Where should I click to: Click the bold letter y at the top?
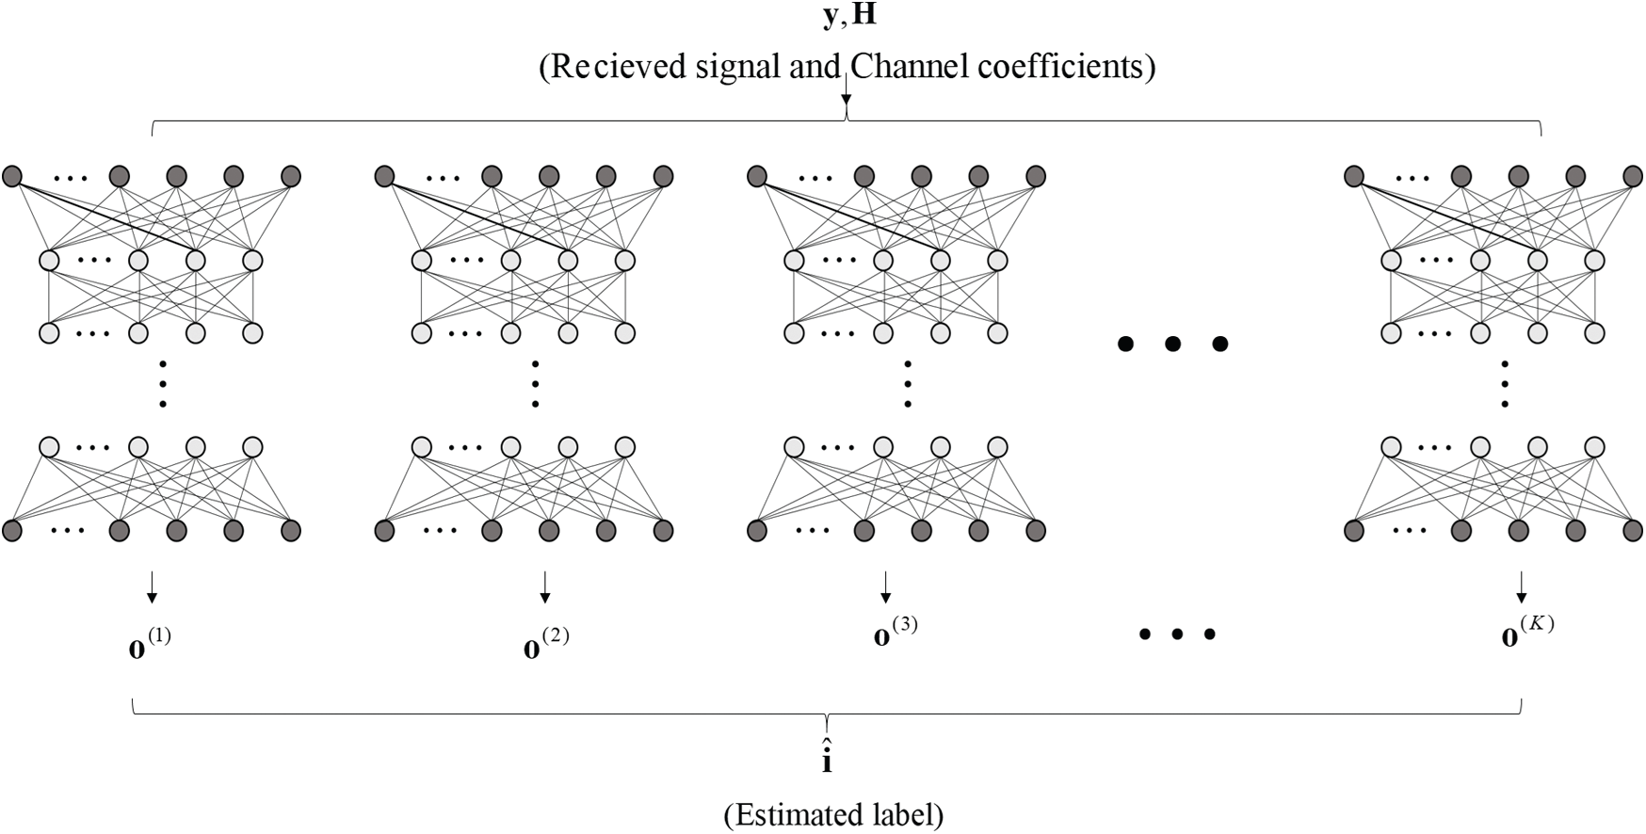tap(829, 18)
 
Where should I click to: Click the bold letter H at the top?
tap(863, 16)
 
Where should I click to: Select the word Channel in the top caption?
tap(896, 67)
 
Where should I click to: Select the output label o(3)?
tap(896, 633)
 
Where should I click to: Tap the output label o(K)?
tap(1526, 633)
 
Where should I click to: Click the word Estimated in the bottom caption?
tap(787, 814)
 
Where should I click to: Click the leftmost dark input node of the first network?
tap(12, 176)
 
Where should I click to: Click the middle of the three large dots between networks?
tap(1172, 345)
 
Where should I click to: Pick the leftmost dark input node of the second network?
tap(384, 176)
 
